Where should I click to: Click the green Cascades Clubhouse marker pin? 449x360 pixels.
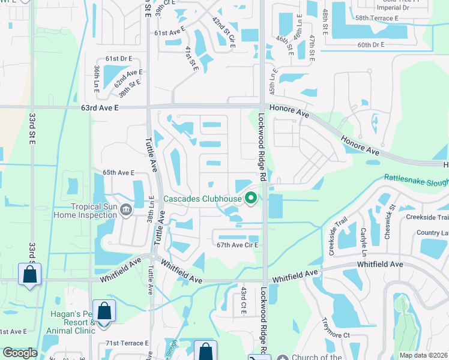click(251, 197)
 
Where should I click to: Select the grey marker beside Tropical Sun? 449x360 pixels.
click(126, 209)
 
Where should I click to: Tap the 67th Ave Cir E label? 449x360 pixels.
click(237, 245)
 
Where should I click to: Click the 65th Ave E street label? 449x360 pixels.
click(118, 173)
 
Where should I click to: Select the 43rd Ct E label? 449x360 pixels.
click(244, 299)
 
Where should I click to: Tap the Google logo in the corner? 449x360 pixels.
click(20, 353)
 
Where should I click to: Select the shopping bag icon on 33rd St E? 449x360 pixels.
click(29, 275)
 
